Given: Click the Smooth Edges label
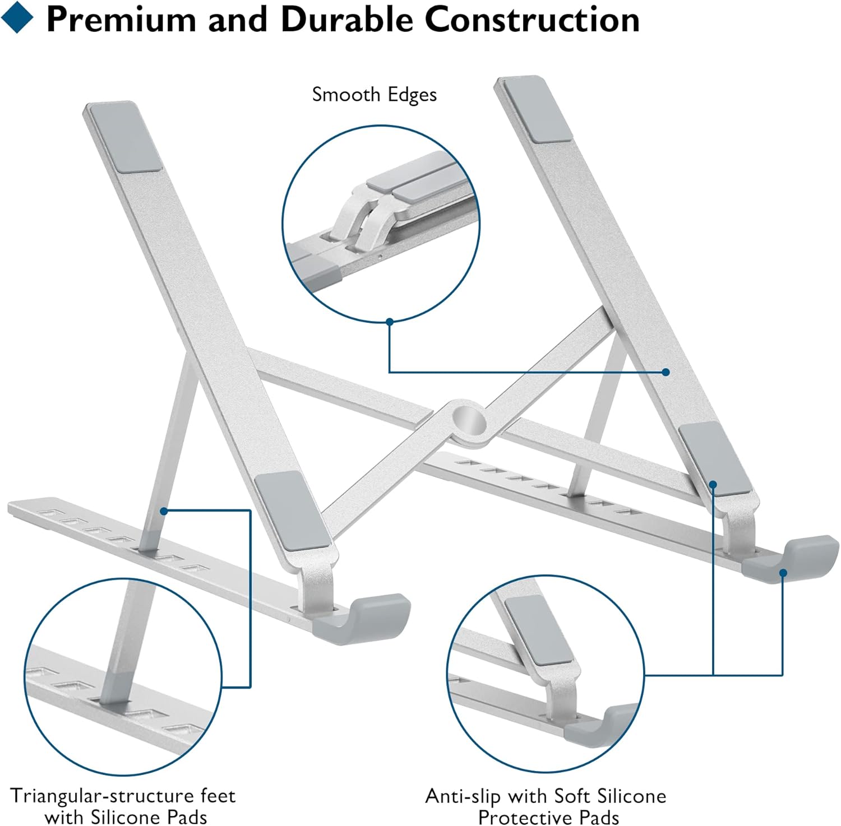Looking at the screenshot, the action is pos(374,95).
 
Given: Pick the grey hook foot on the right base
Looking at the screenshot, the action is pos(791,559).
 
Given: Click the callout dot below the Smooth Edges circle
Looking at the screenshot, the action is pos(390,322).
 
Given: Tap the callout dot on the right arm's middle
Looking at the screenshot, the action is pos(666,372).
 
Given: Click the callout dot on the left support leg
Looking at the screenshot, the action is pos(164,511).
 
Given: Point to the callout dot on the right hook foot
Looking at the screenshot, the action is pos(783,572).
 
